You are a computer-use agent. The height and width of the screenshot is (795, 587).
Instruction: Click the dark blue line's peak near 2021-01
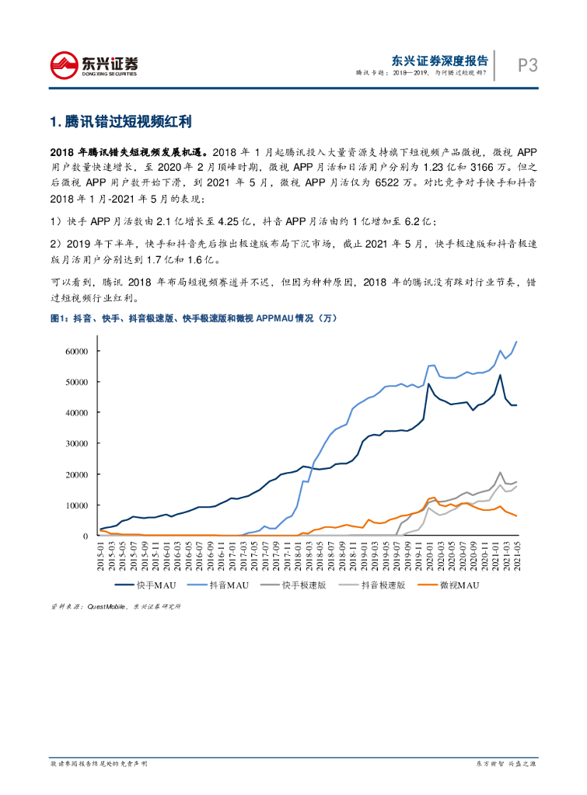pos(499,376)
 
